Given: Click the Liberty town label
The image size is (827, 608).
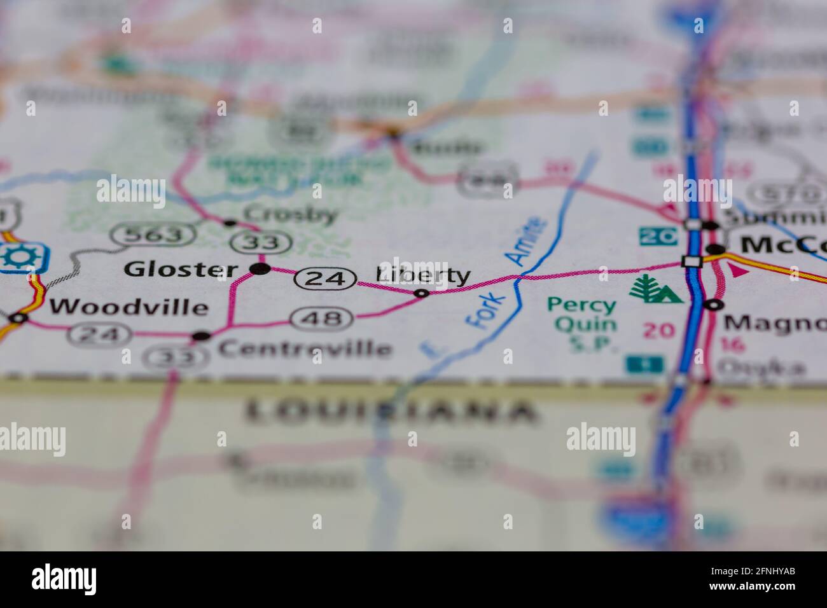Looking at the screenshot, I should click(424, 275).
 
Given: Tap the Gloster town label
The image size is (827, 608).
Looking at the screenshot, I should click(181, 269).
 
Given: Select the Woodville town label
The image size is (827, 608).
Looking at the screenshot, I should click(129, 307).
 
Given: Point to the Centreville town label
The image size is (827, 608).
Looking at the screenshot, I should click(304, 348).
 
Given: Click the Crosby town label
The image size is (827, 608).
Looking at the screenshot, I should click(290, 214).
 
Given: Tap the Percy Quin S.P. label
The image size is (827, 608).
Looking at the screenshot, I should click(583, 324).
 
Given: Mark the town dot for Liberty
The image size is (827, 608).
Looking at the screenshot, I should click(421, 293).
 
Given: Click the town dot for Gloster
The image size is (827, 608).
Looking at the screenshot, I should click(259, 269).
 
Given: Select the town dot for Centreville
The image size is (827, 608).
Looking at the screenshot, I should click(201, 336).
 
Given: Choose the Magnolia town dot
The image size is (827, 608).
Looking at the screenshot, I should click(714, 305).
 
